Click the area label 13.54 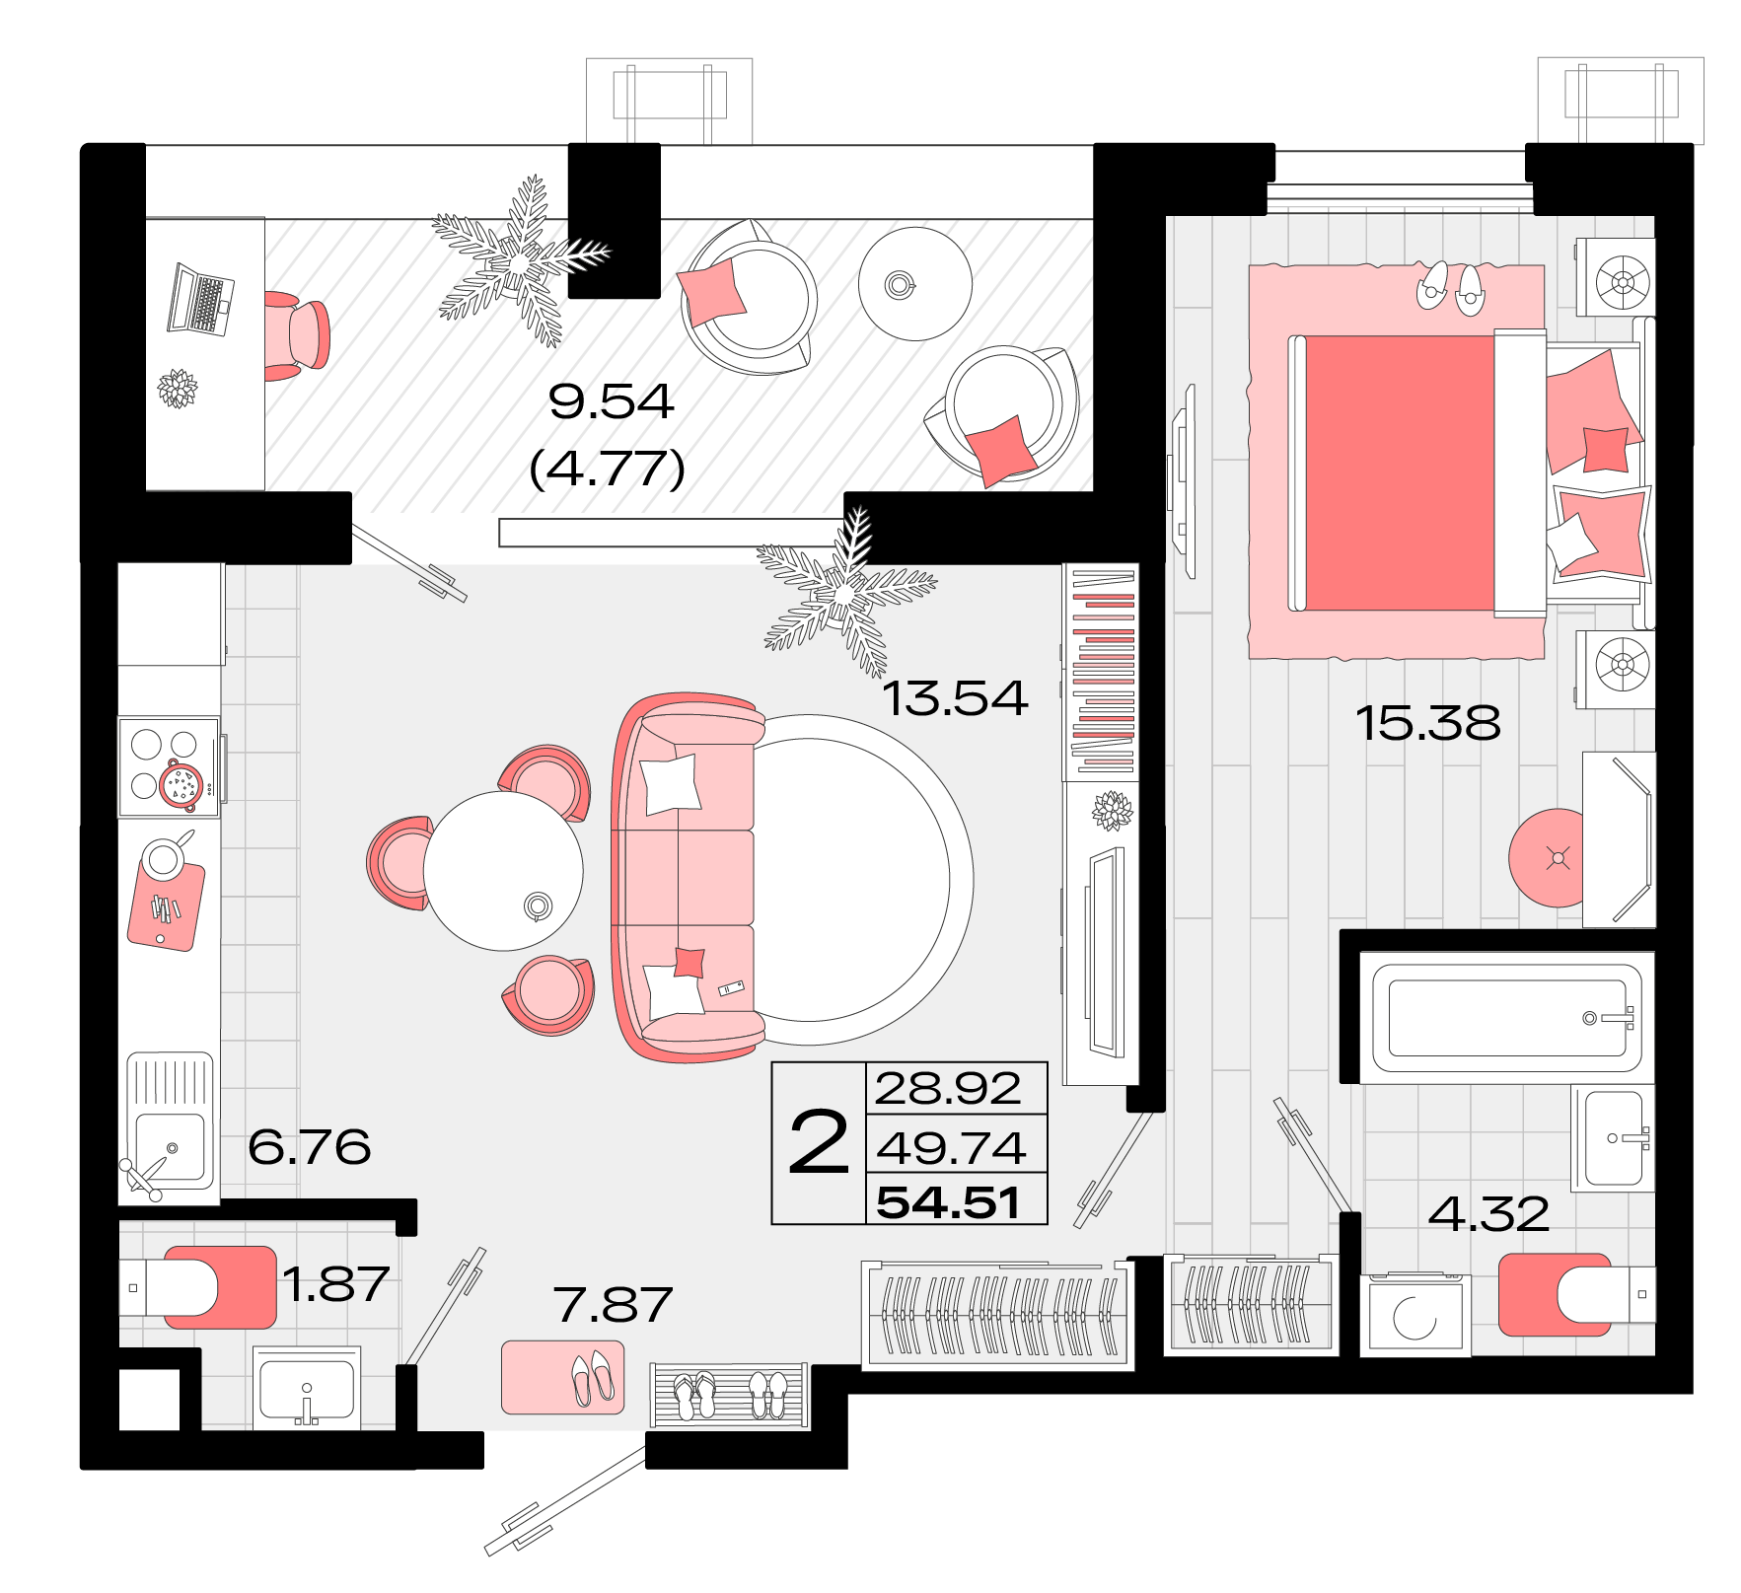[955, 698]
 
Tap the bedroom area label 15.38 [1428, 723]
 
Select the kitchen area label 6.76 [309, 1146]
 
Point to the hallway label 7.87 [613, 1305]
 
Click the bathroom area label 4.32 [1488, 1213]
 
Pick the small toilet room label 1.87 [335, 1284]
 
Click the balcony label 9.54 [611, 401]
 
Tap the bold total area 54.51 [948, 1202]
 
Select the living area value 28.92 [948, 1088]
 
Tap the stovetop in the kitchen [169, 766]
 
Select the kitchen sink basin [170, 1146]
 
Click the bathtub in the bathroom [1507, 1018]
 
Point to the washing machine [1415, 1316]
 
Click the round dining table [503, 871]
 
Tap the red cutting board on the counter [166, 905]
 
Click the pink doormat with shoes [562, 1377]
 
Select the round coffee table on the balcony [915, 284]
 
